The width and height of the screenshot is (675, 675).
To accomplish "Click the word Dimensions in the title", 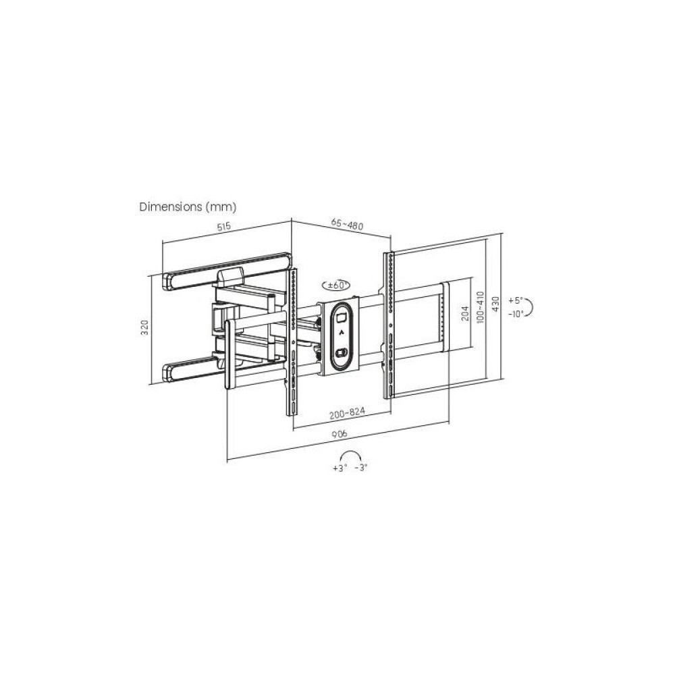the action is [171, 207].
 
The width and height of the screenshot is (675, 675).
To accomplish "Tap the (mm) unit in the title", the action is [221, 207].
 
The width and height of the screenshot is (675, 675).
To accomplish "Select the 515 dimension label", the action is [224, 226].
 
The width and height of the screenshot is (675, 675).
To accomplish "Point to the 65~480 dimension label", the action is [347, 224].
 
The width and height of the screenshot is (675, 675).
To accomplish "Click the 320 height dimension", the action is [144, 327].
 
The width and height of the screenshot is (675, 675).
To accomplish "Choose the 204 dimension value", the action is [464, 313].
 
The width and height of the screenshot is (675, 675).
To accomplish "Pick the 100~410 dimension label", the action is [481, 306].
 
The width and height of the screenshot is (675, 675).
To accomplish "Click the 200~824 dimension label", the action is [347, 413].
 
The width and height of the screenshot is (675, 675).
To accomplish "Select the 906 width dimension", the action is [340, 434].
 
